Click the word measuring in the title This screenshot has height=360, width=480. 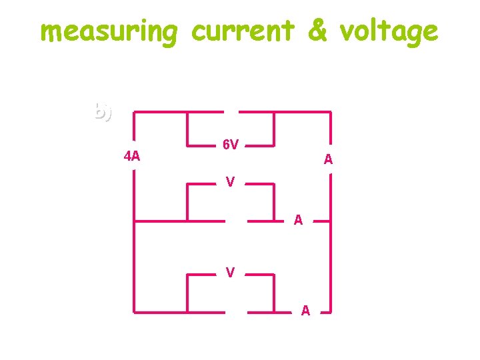click(x=109, y=31)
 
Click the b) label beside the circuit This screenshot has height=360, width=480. click(x=103, y=111)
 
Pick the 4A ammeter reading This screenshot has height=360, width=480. click(x=132, y=157)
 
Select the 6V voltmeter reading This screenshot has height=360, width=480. click(x=231, y=145)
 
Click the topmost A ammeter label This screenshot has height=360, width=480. click(x=328, y=159)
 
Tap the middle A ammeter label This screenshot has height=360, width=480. click(x=299, y=220)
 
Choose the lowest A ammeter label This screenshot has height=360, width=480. click(x=305, y=310)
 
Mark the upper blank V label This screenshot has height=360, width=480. click(x=229, y=181)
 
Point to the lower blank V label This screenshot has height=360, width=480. click(x=229, y=272)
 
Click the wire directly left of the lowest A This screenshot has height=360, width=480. click(x=270, y=311)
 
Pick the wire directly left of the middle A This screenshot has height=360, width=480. click(x=263, y=220)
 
